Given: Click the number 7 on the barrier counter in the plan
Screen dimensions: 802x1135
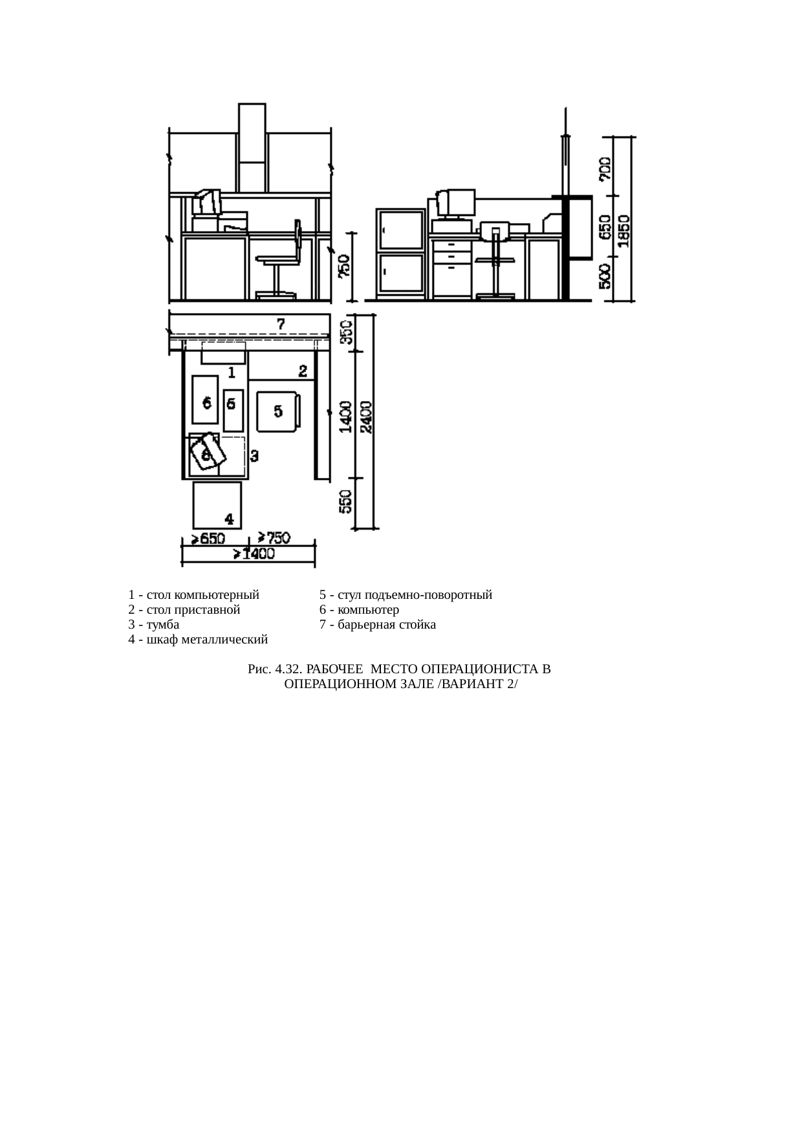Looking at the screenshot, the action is point(281,323).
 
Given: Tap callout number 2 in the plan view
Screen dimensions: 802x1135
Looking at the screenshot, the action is point(303,371).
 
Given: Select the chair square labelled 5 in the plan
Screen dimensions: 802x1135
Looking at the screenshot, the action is point(278,411).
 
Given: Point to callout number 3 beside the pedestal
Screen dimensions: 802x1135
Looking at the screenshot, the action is point(254,456).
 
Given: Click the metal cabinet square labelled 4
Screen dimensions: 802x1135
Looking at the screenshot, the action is point(217,504).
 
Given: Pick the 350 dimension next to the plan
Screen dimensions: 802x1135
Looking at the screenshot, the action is point(347,330).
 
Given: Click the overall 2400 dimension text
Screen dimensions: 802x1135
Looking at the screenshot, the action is point(366,417).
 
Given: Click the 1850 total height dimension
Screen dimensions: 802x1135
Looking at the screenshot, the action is point(625,230).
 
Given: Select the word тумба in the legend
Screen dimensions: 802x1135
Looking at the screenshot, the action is point(163,625).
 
